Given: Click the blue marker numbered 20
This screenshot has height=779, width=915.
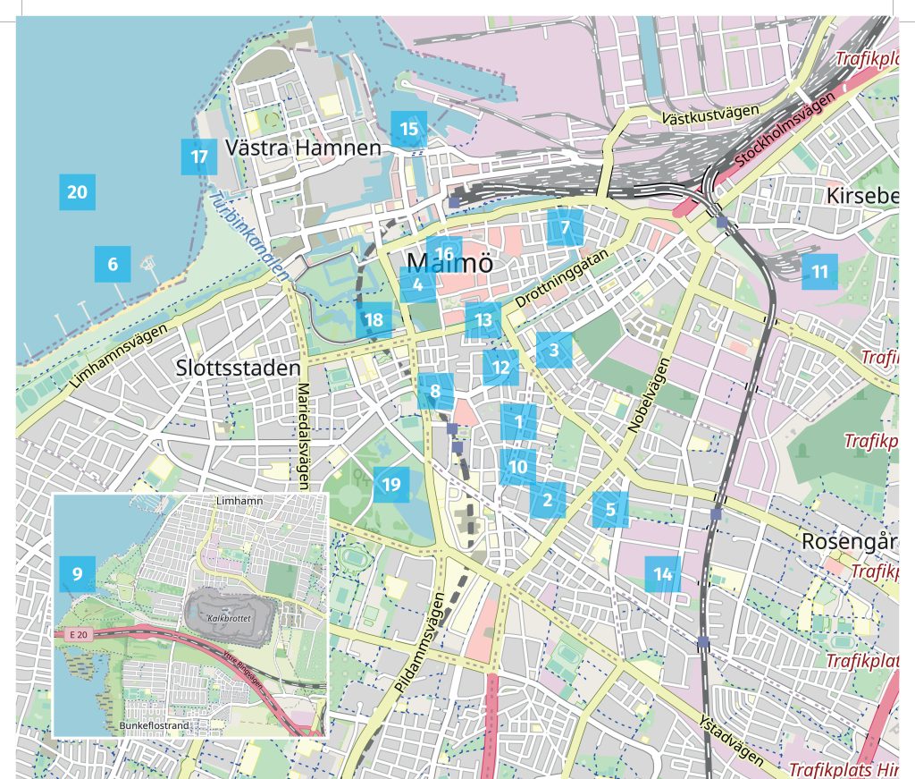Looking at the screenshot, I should pos(77,192).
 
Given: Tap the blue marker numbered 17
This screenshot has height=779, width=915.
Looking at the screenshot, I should pos(198,157).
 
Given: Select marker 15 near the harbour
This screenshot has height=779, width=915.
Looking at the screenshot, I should pos(408,129).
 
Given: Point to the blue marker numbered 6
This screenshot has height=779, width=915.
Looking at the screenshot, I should pos(113,264).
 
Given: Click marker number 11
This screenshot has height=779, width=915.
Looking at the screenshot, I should pos(819,271).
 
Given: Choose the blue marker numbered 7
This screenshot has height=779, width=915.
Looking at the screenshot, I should pos(565,227).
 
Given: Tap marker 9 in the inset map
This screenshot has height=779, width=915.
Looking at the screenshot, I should pos(77,573).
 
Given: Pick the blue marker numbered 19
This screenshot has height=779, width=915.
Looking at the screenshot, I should pos(390,485).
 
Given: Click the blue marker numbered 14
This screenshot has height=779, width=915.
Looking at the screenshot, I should pos(662,574).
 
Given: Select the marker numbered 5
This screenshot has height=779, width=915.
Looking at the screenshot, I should pos(610,510).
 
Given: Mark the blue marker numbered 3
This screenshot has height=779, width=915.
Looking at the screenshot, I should pos(554,350).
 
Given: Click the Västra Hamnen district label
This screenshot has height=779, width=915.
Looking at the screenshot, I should pos(304,148).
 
